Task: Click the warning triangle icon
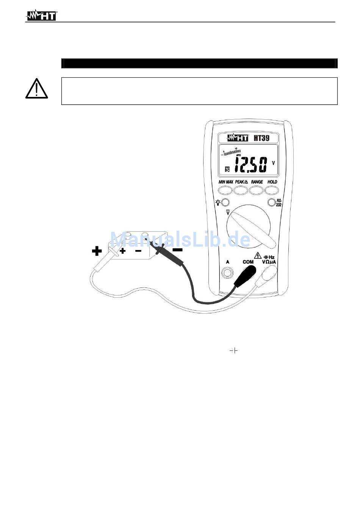point(36,89)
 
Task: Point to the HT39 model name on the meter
point(261,138)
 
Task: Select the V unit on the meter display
point(273,163)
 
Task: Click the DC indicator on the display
point(227,169)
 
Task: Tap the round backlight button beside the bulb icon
point(225,202)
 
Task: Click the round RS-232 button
point(271,202)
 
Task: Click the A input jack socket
point(228,272)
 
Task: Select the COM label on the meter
point(248,262)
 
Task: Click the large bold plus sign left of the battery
point(97,250)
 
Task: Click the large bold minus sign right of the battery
point(177,250)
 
